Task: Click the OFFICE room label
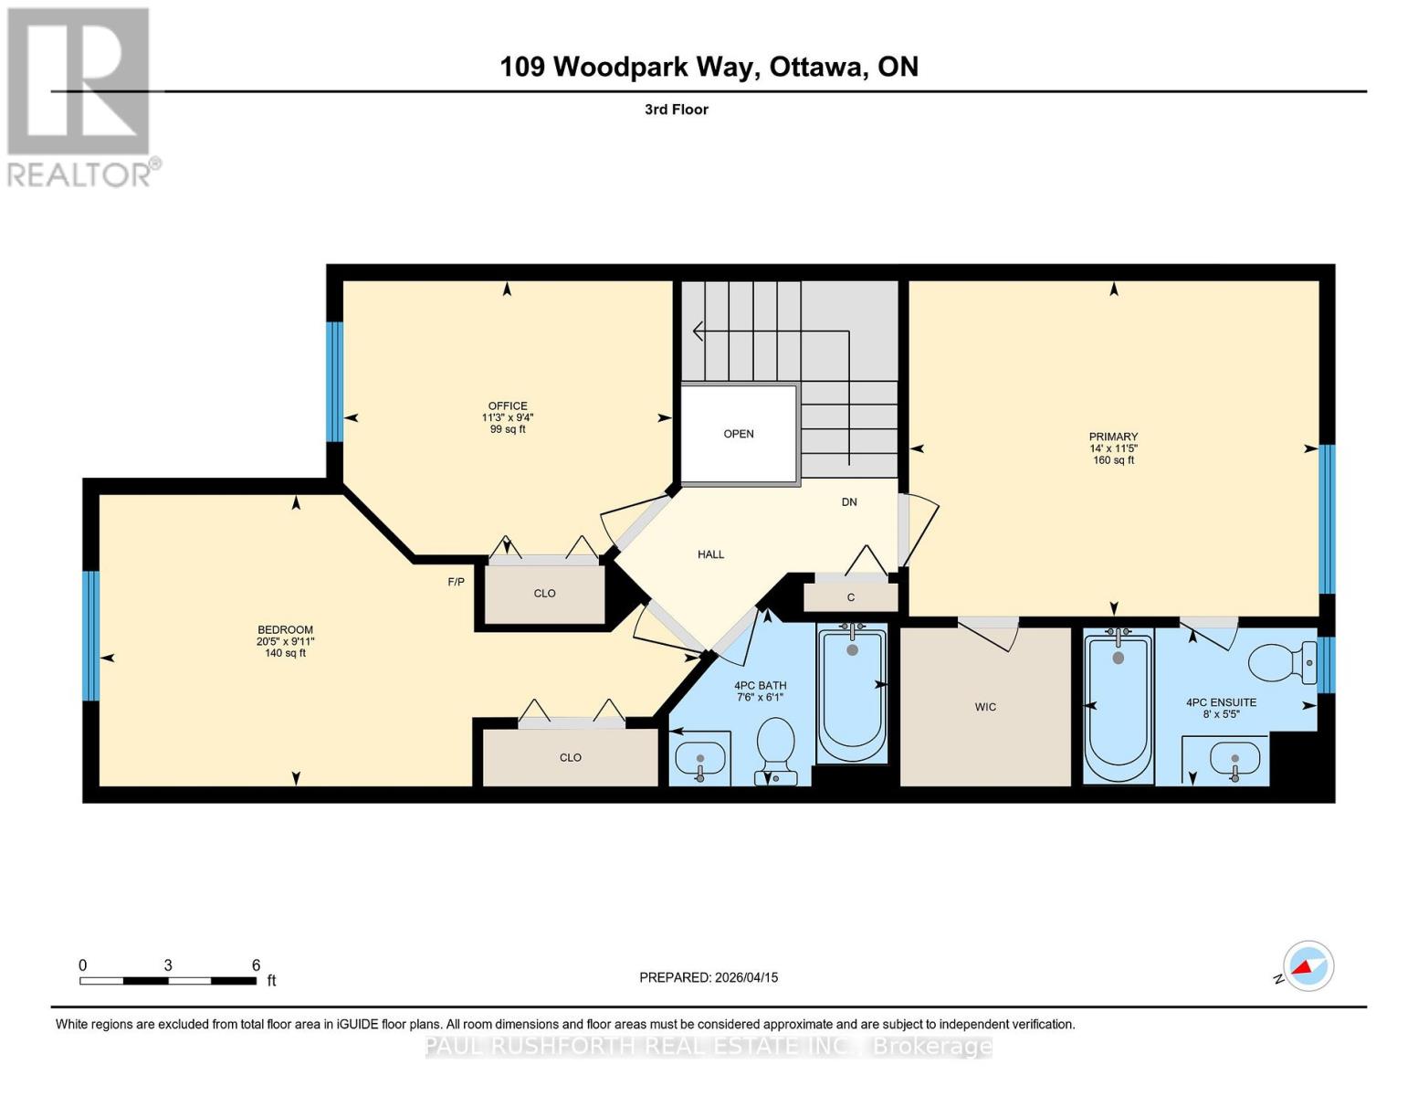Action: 507,406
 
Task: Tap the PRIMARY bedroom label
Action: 1113,437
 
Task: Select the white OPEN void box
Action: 739,434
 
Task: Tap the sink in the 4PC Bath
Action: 699,758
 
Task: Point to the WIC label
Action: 985,707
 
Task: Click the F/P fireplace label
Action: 456,582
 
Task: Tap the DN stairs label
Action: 849,502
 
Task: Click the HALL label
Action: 710,554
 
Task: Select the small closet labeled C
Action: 851,597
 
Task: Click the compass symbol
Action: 1308,966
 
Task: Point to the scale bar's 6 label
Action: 256,965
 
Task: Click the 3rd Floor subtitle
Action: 677,110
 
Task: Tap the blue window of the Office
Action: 335,382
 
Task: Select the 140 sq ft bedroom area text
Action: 285,653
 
